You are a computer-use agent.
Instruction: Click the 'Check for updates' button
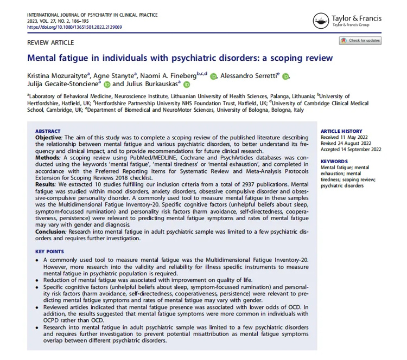pyautogui.click(x=360, y=41)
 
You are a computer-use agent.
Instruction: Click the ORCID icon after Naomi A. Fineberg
pyautogui.click(x=213, y=76)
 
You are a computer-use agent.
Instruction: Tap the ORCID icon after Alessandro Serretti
pyautogui.click(x=285, y=76)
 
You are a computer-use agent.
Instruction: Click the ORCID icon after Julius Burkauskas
pyautogui.click(x=187, y=85)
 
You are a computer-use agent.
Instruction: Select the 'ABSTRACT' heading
pyautogui.click(x=48, y=116)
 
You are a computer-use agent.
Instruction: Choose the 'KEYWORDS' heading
pyautogui.click(x=334, y=162)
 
